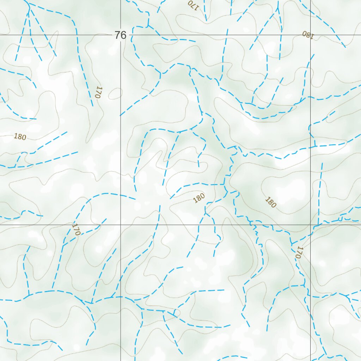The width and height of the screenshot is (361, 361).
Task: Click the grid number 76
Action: click(x=120, y=35)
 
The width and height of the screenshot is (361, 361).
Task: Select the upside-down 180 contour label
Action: click(x=307, y=35)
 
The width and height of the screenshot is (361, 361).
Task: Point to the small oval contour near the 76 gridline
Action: click(x=115, y=94)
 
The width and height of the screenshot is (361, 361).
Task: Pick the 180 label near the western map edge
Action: click(x=20, y=137)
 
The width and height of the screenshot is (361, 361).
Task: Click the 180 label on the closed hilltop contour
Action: click(x=270, y=202)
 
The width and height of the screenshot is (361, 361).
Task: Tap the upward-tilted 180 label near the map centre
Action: click(x=199, y=198)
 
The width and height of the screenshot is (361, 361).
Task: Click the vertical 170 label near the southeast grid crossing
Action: click(x=299, y=252)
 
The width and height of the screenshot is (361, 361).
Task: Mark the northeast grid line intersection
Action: click(x=311, y=35)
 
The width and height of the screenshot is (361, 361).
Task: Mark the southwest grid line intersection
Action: click(x=121, y=225)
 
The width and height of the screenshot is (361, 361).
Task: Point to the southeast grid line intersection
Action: click(x=311, y=225)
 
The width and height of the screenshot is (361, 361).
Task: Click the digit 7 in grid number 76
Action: click(x=117, y=35)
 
